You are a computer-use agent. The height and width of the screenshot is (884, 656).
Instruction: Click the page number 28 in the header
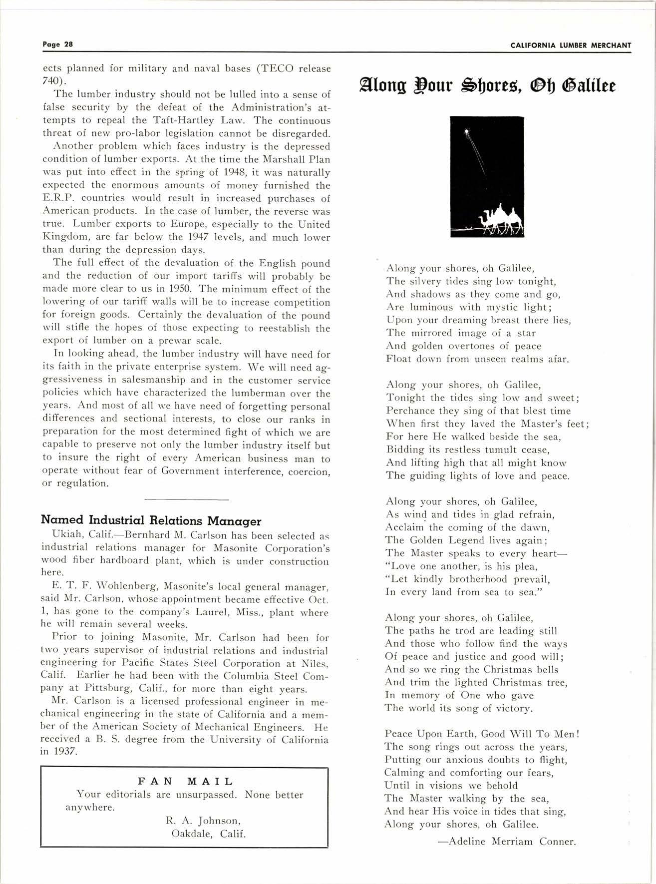pyautogui.click(x=68, y=44)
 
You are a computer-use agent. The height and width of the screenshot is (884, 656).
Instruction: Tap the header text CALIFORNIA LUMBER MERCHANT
pyautogui.click(x=571, y=45)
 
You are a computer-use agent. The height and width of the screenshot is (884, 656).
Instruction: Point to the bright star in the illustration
pyautogui.click(x=467, y=132)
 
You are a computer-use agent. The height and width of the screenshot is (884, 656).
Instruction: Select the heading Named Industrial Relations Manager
pyautogui.click(x=151, y=521)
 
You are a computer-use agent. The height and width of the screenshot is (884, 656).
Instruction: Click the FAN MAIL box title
pyautogui.click(x=185, y=782)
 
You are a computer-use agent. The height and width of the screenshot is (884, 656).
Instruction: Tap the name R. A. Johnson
pyautogui.click(x=203, y=821)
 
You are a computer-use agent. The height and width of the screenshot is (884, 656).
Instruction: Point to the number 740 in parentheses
pyautogui.click(x=51, y=81)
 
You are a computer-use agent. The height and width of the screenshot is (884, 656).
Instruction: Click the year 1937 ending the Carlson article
pyautogui.click(x=65, y=751)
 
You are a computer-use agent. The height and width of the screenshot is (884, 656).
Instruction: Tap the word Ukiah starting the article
pyautogui.click(x=57, y=535)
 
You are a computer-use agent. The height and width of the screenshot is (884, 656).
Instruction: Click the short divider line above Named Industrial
pyautogui.click(x=186, y=499)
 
